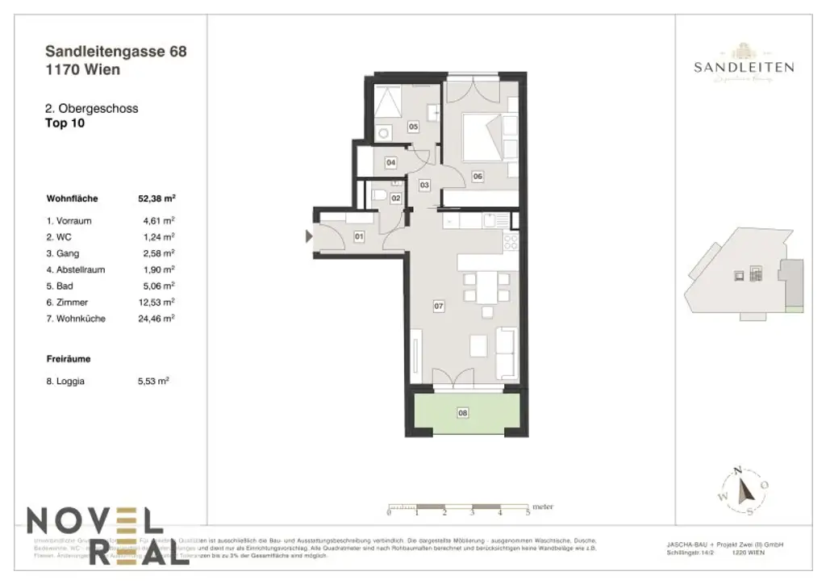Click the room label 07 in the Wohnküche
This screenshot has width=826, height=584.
pyautogui.click(x=439, y=307)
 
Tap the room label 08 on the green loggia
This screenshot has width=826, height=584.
pyautogui.click(x=462, y=413)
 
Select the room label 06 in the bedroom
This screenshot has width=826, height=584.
pyautogui.click(x=478, y=177)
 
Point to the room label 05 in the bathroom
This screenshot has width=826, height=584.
pyautogui.click(x=412, y=127)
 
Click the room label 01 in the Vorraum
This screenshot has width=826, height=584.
pyautogui.click(x=359, y=236)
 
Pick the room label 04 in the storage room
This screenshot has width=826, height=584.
pyautogui.click(x=390, y=163)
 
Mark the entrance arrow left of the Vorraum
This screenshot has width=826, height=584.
pyautogui.click(x=308, y=236)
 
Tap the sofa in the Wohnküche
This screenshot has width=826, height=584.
pyautogui.click(x=507, y=353)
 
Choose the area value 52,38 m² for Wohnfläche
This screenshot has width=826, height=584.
pyautogui.click(x=157, y=197)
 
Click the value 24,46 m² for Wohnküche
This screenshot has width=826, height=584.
pyautogui.click(x=158, y=319)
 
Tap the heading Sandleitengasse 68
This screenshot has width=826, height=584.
pyautogui.click(x=116, y=52)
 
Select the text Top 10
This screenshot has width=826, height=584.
pyautogui.click(x=65, y=123)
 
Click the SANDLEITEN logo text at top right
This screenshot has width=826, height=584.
pyautogui.click(x=744, y=68)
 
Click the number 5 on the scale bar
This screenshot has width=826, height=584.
pyautogui.click(x=528, y=513)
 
